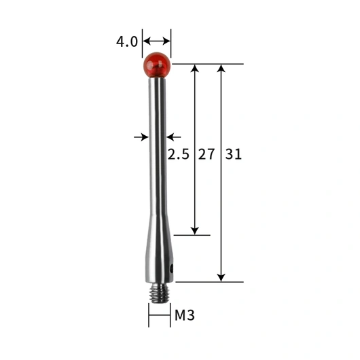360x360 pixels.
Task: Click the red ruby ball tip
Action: pyautogui.click(x=157, y=65)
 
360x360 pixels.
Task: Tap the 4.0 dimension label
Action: pyautogui.click(x=127, y=41)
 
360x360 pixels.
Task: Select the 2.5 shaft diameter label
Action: pyautogui.click(x=179, y=154)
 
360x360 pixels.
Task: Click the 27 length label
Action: pyautogui.click(x=206, y=154)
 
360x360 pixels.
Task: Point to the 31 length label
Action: pyautogui.click(x=233, y=154)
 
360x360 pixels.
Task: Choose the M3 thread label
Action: pyautogui.click(x=185, y=315)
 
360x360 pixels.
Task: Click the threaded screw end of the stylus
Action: pyautogui.click(x=159, y=293)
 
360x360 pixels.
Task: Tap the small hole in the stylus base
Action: pyautogui.click(x=171, y=268)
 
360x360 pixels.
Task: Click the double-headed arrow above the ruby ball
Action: pyautogui.click(x=157, y=41)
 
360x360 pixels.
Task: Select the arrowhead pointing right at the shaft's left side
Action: pyautogui.click(x=145, y=137)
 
